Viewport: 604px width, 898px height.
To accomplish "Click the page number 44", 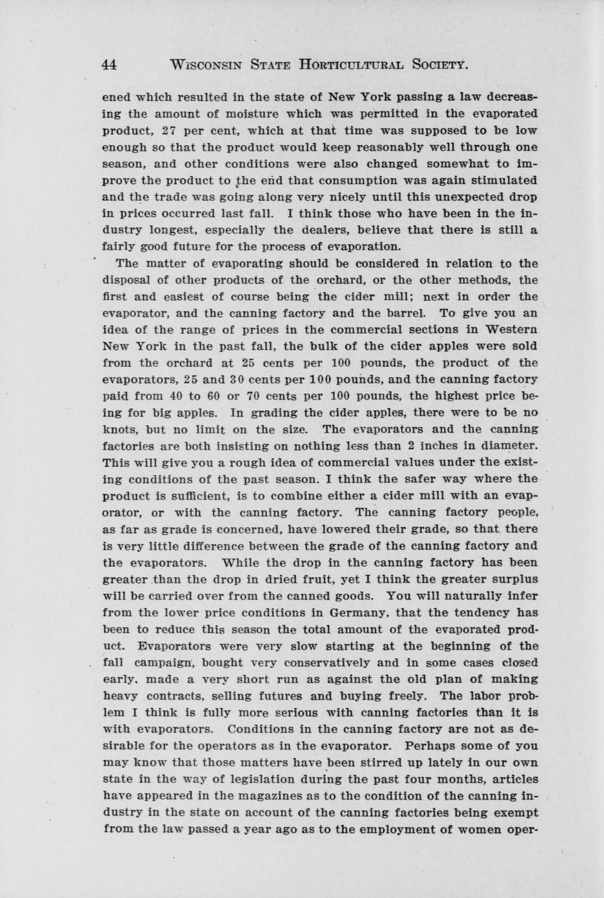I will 109,64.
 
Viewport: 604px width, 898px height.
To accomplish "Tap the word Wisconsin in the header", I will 206,64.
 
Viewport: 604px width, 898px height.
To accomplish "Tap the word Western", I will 510,330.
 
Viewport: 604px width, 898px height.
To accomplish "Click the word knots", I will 118,429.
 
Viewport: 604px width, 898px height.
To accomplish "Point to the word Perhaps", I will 427,746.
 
